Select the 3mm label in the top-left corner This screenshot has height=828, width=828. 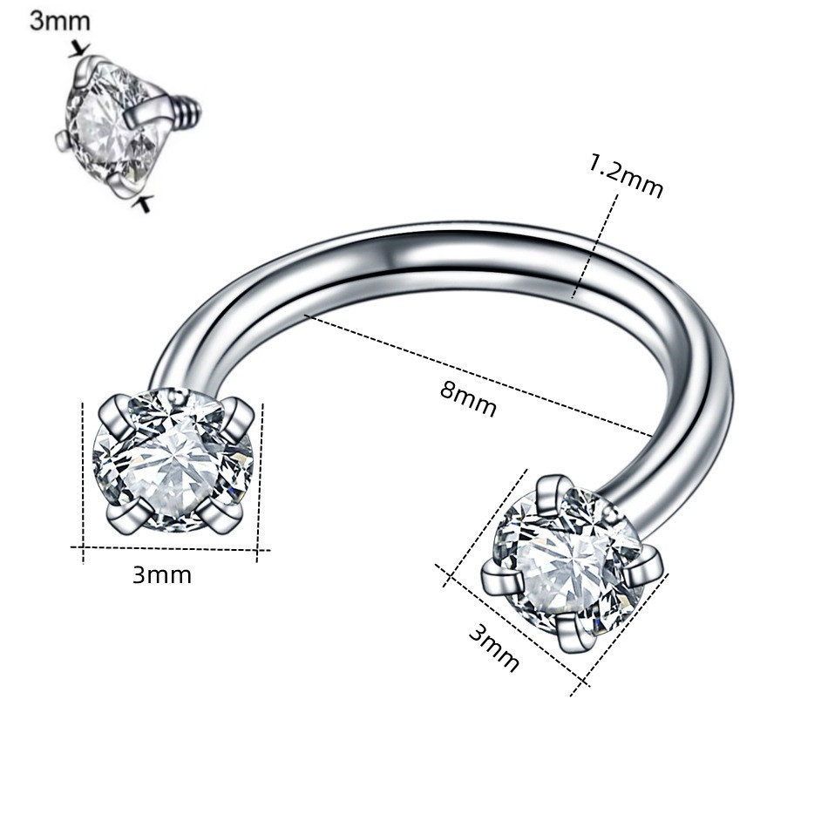click(x=59, y=21)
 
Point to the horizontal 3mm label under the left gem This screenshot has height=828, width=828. click(x=161, y=575)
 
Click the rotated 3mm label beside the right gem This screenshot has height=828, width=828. click(x=493, y=648)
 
